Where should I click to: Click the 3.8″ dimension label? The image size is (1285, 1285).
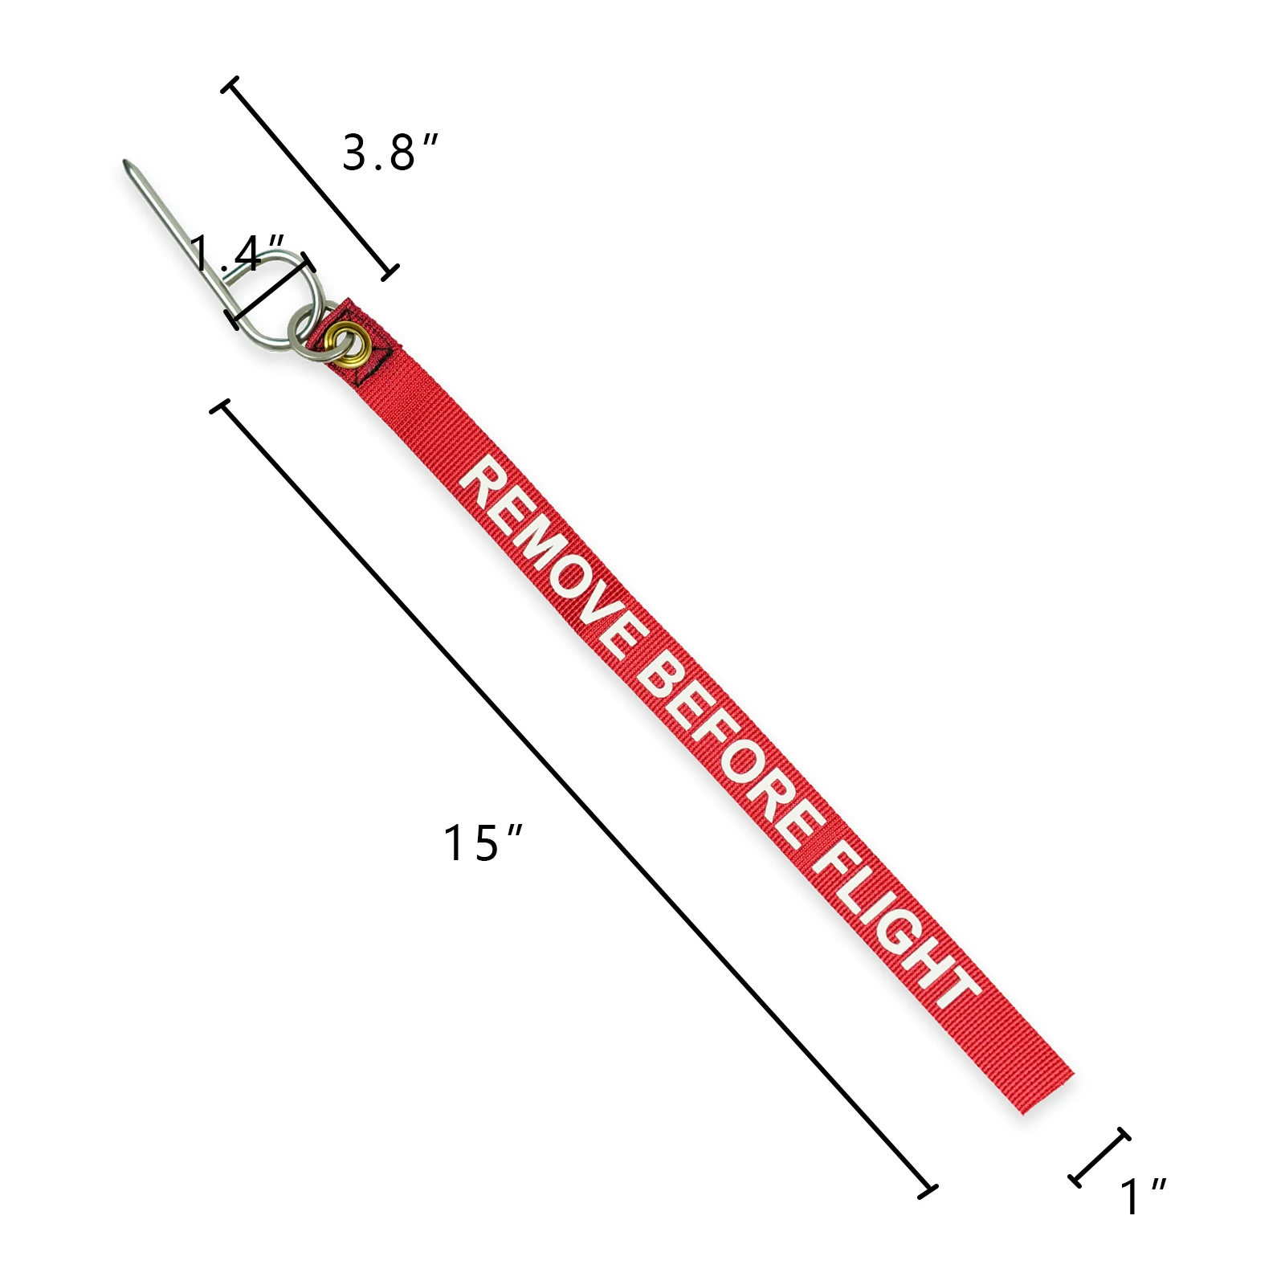(390, 152)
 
